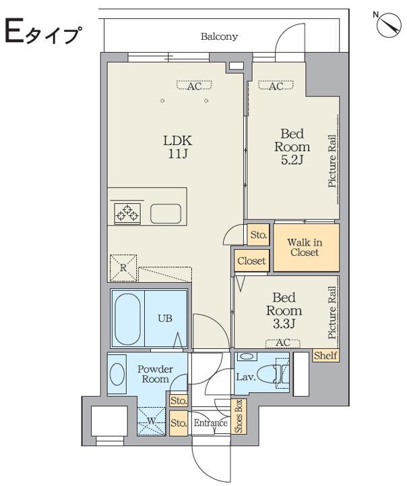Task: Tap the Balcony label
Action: (x=219, y=36)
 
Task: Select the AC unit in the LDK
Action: (x=194, y=86)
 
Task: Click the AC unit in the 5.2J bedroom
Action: (x=276, y=86)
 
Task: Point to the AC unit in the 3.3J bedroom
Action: (x=283, y=343)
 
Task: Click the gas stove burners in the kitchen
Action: (x=127, y=213)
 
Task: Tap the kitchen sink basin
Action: (x=166, y=213)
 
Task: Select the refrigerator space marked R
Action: (x=123, y=268)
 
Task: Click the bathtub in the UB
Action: (x=127, y=319)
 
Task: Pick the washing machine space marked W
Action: (x=152, y=421)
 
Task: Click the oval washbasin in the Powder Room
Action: (x=117, y=374)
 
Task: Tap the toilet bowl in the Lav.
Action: (x=267, y=373)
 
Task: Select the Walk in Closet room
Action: (x=306, y=247)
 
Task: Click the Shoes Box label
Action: (x=239, y=416)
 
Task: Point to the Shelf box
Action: (x=325, y=355)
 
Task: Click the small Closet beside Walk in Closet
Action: (x=251, y=261)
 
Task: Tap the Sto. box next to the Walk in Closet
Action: (x=259, y=235)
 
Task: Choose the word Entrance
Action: (x=211, y=423)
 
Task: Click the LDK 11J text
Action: (x=178, y=147)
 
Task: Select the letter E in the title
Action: (x=14, y=30)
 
